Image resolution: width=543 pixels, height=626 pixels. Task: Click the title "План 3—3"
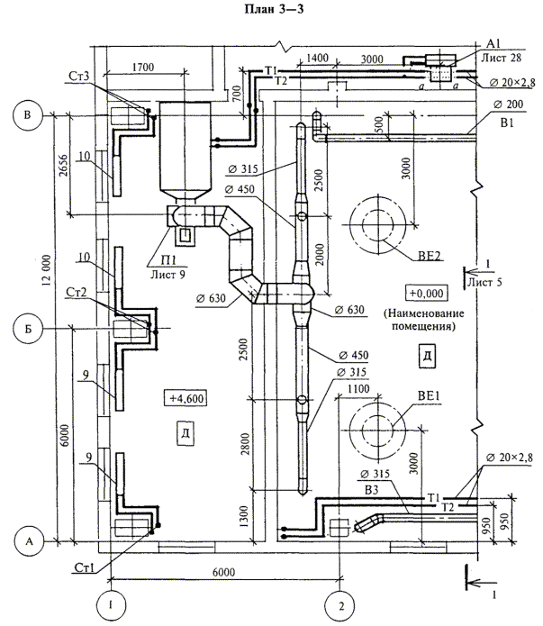[x=274, y=9]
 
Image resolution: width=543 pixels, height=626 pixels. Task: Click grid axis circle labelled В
[x=28, y=115]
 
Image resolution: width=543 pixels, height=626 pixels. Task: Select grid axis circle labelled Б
[x=28, y=330]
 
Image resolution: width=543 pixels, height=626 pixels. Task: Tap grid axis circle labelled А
[x=29, y=541]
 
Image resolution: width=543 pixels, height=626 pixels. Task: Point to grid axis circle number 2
[x=340, y=606]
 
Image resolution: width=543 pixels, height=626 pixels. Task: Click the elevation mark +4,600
[x=186, y=398]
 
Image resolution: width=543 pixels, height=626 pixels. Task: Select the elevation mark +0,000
[x=427, y=293]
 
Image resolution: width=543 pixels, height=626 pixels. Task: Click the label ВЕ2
[x=430, y=256]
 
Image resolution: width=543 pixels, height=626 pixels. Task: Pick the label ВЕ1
[x=429, y=396]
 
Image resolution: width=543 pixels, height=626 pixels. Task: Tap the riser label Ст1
[x=85, y=567]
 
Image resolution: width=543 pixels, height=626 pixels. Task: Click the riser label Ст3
[x=78, y=76]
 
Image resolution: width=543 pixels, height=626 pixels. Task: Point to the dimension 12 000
[x=46, y=270]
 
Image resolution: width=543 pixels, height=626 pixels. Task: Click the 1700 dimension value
[x=143, y=67]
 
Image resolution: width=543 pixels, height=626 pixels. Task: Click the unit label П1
[x=168, y=260]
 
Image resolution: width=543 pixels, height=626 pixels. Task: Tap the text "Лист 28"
[x=501, y=58]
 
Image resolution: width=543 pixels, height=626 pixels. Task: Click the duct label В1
[x=507, y=122]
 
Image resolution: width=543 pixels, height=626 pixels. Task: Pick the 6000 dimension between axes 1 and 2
[x=223, y=572]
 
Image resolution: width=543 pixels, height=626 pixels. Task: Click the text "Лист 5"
[x=484, y=282]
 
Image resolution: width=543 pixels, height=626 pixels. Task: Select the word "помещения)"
[x=423, y=326]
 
